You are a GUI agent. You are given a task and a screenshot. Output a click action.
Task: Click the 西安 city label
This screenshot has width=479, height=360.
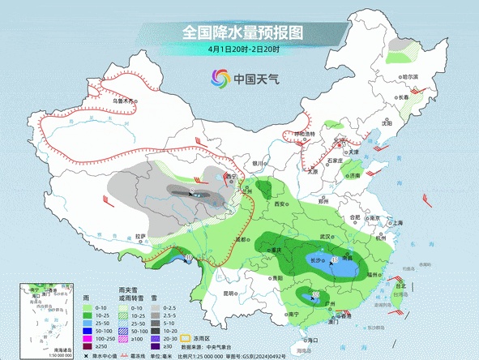(280, 204)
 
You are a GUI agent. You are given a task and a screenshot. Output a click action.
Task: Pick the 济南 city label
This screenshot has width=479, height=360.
(353, 175)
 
